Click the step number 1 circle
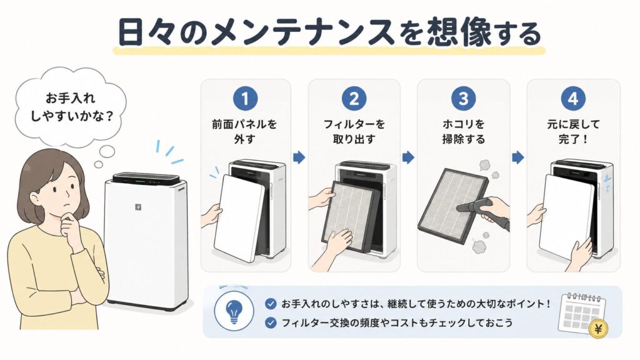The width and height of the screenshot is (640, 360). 245,98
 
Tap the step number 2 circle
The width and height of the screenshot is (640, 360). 354,98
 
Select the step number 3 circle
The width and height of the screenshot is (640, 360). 463,98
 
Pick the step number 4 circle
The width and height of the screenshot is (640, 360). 573,98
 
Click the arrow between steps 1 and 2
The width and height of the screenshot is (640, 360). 299,157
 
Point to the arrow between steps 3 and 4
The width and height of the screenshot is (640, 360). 518,157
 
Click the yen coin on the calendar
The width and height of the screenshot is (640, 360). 598,328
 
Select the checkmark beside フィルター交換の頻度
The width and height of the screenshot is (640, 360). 271,323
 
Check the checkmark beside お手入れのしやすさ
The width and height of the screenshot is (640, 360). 271,304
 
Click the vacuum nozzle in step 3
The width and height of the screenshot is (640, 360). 474,205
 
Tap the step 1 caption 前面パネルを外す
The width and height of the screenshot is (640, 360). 244,131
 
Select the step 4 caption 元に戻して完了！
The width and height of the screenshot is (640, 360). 574,131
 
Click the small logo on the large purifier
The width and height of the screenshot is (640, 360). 138,207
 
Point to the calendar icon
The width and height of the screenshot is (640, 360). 581,312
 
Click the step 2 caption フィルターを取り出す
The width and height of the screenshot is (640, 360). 354,131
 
